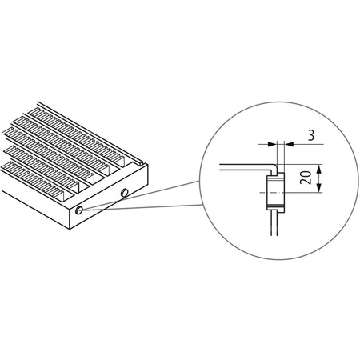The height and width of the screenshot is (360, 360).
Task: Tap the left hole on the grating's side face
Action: click(82, 210)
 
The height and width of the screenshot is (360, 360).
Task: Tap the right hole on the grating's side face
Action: click(125, 193)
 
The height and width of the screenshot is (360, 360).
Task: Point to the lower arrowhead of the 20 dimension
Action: click(318, 190)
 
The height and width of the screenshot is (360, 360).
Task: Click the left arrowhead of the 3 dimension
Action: click(270, 144)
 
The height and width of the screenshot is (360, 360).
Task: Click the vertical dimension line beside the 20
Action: click(318, 178)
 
